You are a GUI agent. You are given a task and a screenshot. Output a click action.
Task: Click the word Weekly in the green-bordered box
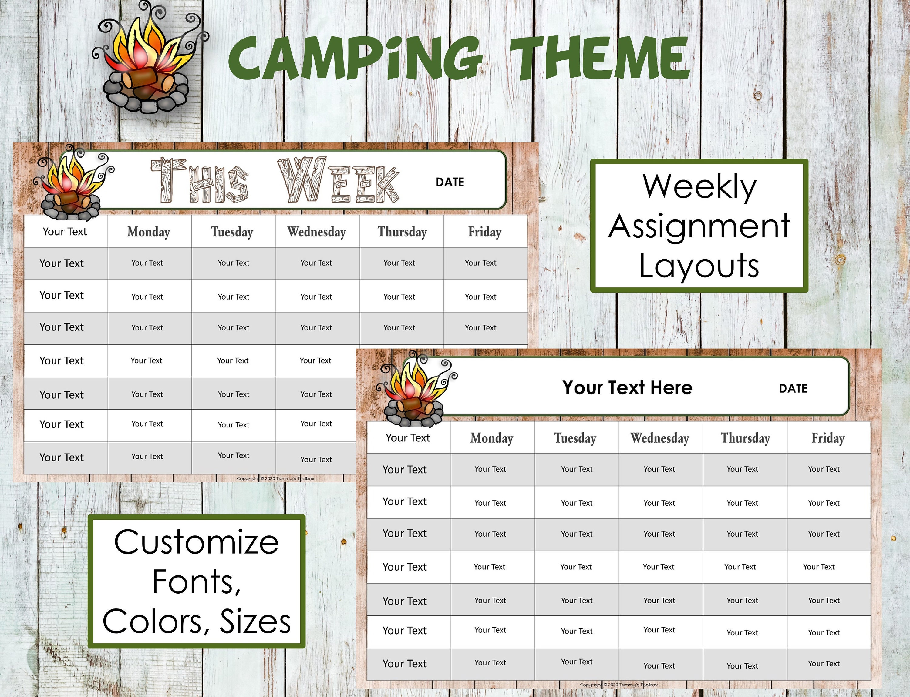(699, 187)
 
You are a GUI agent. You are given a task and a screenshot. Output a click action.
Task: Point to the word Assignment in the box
(699, 226)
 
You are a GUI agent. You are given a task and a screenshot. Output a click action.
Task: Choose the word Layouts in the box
(699, 266)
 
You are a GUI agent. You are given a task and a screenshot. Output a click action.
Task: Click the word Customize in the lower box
(196, 542)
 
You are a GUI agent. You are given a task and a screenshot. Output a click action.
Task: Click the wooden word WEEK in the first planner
(338, 180)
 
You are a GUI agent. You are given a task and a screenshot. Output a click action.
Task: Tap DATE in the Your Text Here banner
(793, 388)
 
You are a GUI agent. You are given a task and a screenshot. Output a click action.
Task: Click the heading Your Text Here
(627, 387)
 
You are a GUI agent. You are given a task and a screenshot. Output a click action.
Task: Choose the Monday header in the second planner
(492, 438)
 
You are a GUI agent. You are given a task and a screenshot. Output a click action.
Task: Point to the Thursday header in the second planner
(746, 438)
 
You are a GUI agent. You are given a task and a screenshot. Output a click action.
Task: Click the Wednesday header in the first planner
(317, 232)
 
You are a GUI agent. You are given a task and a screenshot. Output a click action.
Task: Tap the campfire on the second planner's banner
(415, 390)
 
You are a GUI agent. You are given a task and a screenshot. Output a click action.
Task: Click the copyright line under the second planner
(618, 685)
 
